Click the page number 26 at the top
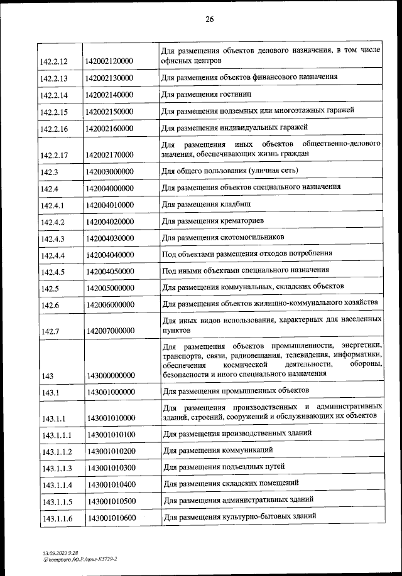point(209,19)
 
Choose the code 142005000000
point(110,288)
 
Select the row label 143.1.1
point(53,417)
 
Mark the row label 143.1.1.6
point(57,518)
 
